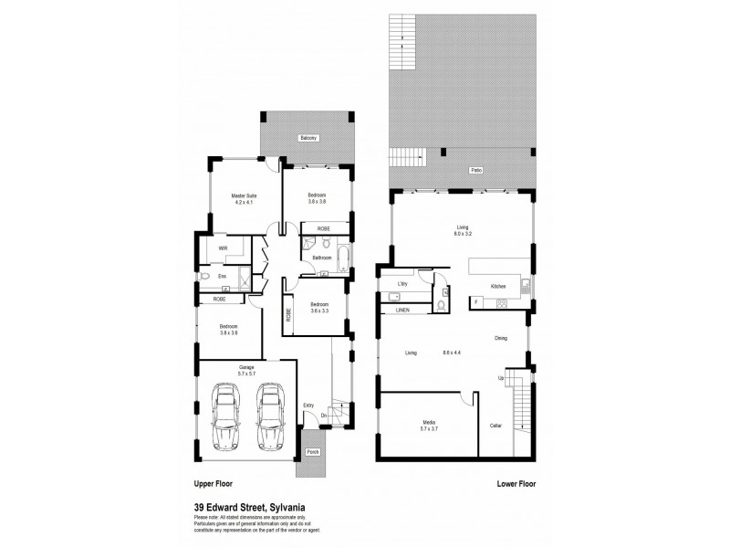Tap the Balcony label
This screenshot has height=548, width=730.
[x=308, y=138]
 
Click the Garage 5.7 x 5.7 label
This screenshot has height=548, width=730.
[x=245, y=369]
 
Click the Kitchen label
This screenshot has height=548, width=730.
[x=498, y=286]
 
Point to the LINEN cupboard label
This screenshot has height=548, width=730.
[x=402, y=310]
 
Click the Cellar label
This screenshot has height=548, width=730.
[x=496, y=424]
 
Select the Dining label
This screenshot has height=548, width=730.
[x=501, y=339]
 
